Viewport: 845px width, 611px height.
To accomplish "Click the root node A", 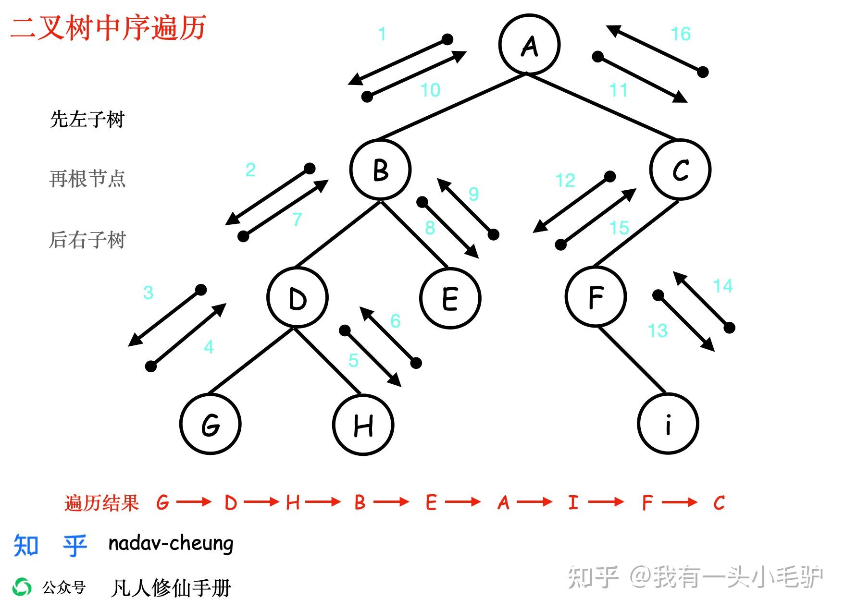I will point(529,45).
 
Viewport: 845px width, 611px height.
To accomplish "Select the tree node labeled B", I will point(380,169).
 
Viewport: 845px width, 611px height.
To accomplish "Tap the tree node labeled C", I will point(680,169).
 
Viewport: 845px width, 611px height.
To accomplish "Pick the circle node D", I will point(298,298).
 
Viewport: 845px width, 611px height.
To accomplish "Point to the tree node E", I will point(450,298).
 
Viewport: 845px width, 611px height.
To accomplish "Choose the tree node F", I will point(596,297).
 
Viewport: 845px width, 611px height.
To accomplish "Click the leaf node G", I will point(211,424).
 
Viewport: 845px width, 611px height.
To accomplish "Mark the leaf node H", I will point(363,425).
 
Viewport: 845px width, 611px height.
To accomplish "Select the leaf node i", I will point(668,423).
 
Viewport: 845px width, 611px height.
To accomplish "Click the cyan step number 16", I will point(681,34).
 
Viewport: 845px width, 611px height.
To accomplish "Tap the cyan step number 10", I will point(430,90).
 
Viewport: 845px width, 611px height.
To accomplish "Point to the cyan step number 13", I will point(657,330).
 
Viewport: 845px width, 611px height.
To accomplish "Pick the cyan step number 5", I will point(353,360).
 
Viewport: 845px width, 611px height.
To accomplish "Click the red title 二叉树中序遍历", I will point(108,27).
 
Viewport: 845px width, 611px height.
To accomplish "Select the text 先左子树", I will point(87,119).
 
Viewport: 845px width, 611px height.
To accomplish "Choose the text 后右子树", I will point(87,240).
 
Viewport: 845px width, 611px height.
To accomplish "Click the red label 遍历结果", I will point(101,503).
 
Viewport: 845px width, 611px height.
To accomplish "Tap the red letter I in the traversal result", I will point(572,503).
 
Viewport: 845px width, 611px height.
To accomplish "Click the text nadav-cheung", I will point(171,543).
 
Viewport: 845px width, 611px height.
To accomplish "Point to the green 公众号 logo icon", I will point(22,587).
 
